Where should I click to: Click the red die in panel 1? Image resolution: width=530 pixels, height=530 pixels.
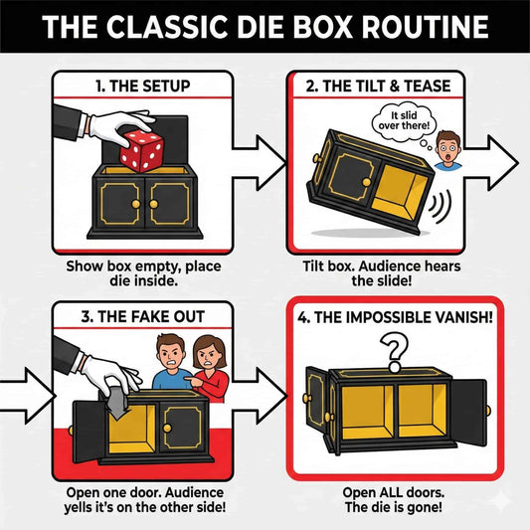pyautogui.click(x=141, y=152)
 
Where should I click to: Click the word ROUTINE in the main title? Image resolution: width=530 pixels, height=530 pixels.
pyautogui.click(x=416, y=25)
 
